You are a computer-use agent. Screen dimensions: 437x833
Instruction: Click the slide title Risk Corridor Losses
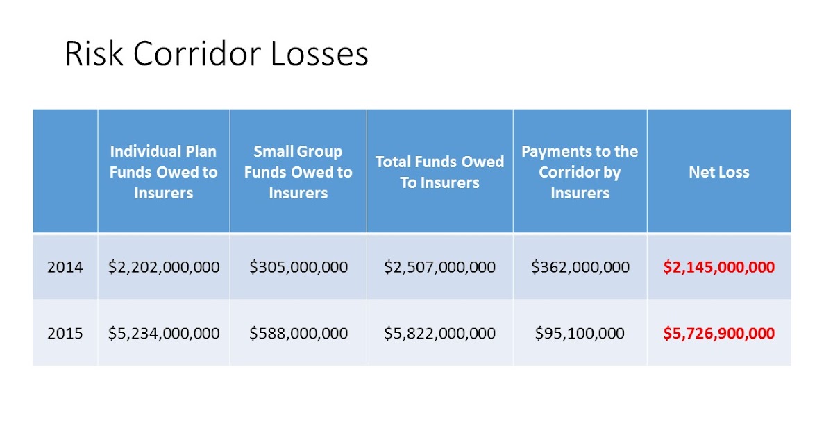[216, 54]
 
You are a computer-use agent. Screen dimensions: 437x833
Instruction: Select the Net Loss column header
[718, 172]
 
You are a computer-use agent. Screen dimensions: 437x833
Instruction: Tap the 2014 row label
[65, 267]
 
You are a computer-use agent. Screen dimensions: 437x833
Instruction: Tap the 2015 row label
[65, 333]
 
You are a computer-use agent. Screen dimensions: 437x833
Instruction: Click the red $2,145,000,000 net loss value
[718, 267]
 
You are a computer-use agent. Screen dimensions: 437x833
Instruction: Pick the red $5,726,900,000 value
[718, 333]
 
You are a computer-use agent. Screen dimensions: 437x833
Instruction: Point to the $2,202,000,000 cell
[164, 267]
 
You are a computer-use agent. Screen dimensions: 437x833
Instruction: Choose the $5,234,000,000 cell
[164, 333]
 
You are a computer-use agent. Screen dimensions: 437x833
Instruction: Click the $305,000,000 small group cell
[298, 267]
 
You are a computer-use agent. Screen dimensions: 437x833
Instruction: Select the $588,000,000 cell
[298, 333]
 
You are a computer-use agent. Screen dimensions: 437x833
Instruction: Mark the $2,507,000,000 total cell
[439, 267]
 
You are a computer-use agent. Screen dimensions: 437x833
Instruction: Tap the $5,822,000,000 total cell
[439, 333]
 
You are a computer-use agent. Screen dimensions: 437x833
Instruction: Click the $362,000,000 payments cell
[580, 267]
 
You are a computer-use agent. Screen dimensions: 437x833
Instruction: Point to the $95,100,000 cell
[580, 333]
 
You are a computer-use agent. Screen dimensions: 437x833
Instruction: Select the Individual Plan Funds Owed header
[164, 172]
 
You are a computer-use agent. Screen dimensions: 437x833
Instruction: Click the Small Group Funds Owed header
[298, 172]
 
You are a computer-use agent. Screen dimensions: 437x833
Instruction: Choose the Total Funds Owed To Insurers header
[439, 172]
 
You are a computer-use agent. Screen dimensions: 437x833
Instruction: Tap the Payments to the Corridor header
[580, 172]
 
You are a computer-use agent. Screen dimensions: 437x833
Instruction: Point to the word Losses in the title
[319, 54]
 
